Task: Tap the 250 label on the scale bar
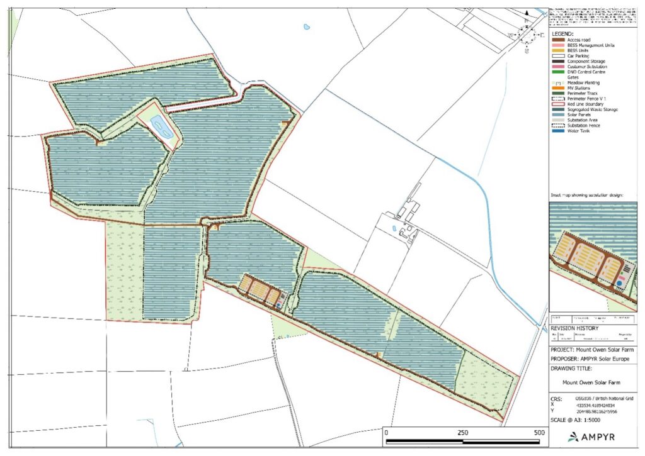(x=462, y=433)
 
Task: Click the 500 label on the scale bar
(x=539, y=433)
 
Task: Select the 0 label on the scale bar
(x=385, y=433)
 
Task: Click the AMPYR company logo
(x=593, y=436)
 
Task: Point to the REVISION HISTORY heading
(x=575, y=328)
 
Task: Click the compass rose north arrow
(x=527, y=34)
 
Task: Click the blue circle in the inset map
(x=620, y=284)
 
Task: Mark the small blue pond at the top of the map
(x=307, y=27)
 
